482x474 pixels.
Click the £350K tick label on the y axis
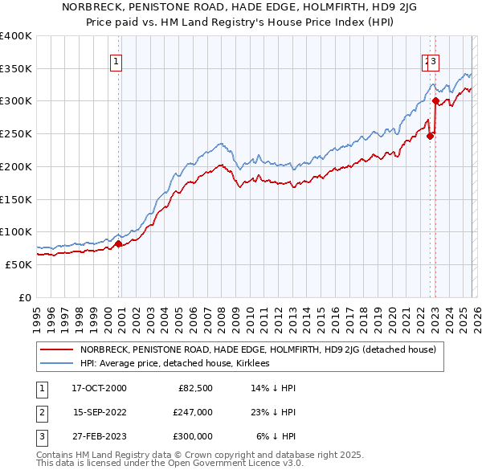pos(16,69)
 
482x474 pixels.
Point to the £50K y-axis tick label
pos(18,264)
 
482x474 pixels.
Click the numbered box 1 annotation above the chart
pos(116,60)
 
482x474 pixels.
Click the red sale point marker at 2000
pos(119,243)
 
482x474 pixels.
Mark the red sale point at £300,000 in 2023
pos(435,101)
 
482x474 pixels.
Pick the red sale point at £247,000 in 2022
pos(430,136)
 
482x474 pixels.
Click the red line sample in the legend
pos(56,349)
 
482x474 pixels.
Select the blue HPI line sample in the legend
pos(56,363)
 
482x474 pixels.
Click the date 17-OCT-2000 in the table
pos(99,388)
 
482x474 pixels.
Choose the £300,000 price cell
pos(193,436)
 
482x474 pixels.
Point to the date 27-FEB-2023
pos(99,436)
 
